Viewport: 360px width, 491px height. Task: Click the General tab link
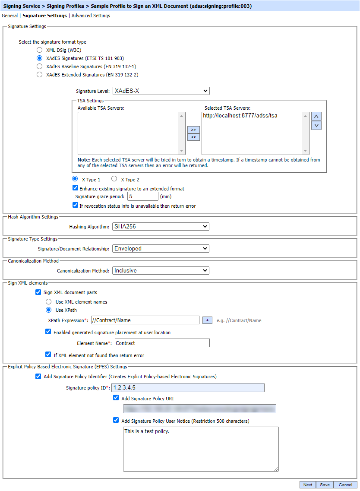click(x=9, y=16)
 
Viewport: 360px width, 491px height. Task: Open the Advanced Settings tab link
click(x=91, y=16)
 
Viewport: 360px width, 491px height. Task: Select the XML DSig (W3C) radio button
click(x=40, y=50)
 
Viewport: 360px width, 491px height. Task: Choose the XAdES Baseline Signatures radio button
click(x=40, y=67)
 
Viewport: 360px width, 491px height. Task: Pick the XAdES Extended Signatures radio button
click(x=40, y=75)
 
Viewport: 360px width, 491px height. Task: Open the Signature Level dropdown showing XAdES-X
click(x=161, y=91)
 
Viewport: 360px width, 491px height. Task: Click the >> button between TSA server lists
click(x=193, y=130)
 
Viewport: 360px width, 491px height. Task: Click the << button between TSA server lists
click(x=193, y=137)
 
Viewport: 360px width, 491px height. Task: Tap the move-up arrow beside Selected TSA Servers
click(x=316, y=117)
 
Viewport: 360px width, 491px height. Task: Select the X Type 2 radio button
click(x=114, y=179)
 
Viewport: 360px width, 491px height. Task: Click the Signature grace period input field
click(x=142, y=196)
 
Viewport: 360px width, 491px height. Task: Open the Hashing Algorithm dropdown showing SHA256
click(x=161, y=226)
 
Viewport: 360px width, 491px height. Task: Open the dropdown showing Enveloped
click(x=161, y=248)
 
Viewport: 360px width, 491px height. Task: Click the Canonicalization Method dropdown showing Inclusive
click(x=161, y=270)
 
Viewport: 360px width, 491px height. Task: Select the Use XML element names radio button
click(x=49, y=302)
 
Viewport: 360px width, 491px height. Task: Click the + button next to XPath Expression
click(x=207, y=320)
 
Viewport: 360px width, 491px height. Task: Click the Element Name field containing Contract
click(x=162, y=343)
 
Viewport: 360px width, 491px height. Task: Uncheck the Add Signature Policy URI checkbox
click(x=116, y=398)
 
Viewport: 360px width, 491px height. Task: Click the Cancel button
click(x=345, y=485)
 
